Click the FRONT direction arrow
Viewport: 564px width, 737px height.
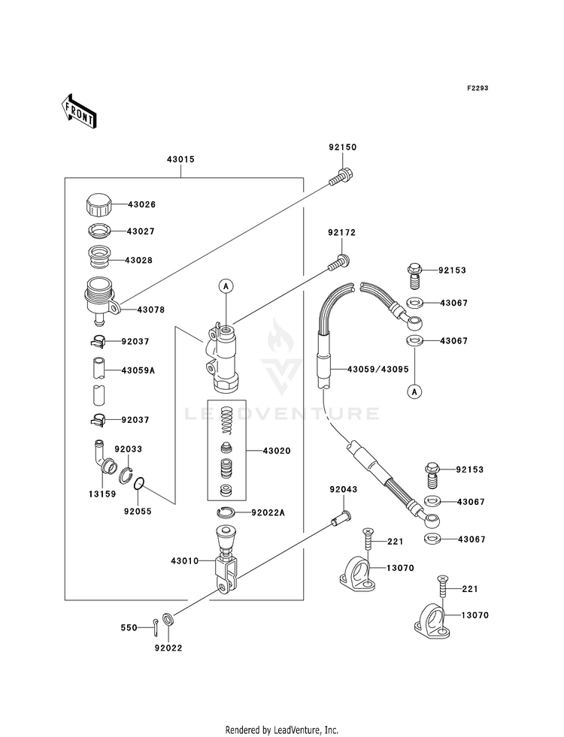click(x=78, y=111)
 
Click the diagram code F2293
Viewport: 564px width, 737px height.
click(x=478, y=88)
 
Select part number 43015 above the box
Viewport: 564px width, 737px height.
click(x=180, y=159)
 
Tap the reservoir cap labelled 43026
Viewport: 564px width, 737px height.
click(x=99, y=204)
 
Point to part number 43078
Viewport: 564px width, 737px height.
click(x=151, y=310)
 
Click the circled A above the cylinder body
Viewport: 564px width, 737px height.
click(x=226, y=285)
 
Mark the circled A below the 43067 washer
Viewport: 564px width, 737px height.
click(x=414, y=391)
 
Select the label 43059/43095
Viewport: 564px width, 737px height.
click(x=378, y=370)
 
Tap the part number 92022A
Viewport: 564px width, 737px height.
click(x=268, y=512)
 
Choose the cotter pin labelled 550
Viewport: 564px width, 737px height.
click(x=156, y=628)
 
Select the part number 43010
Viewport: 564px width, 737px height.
click(x=185, y=560)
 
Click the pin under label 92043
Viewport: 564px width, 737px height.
click(x=341, y=518)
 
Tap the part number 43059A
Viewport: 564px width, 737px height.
click(x=138, y=370)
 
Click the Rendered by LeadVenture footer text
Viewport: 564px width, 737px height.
click(x=282, y=730)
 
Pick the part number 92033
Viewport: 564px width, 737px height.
click(x=129, y=449)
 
